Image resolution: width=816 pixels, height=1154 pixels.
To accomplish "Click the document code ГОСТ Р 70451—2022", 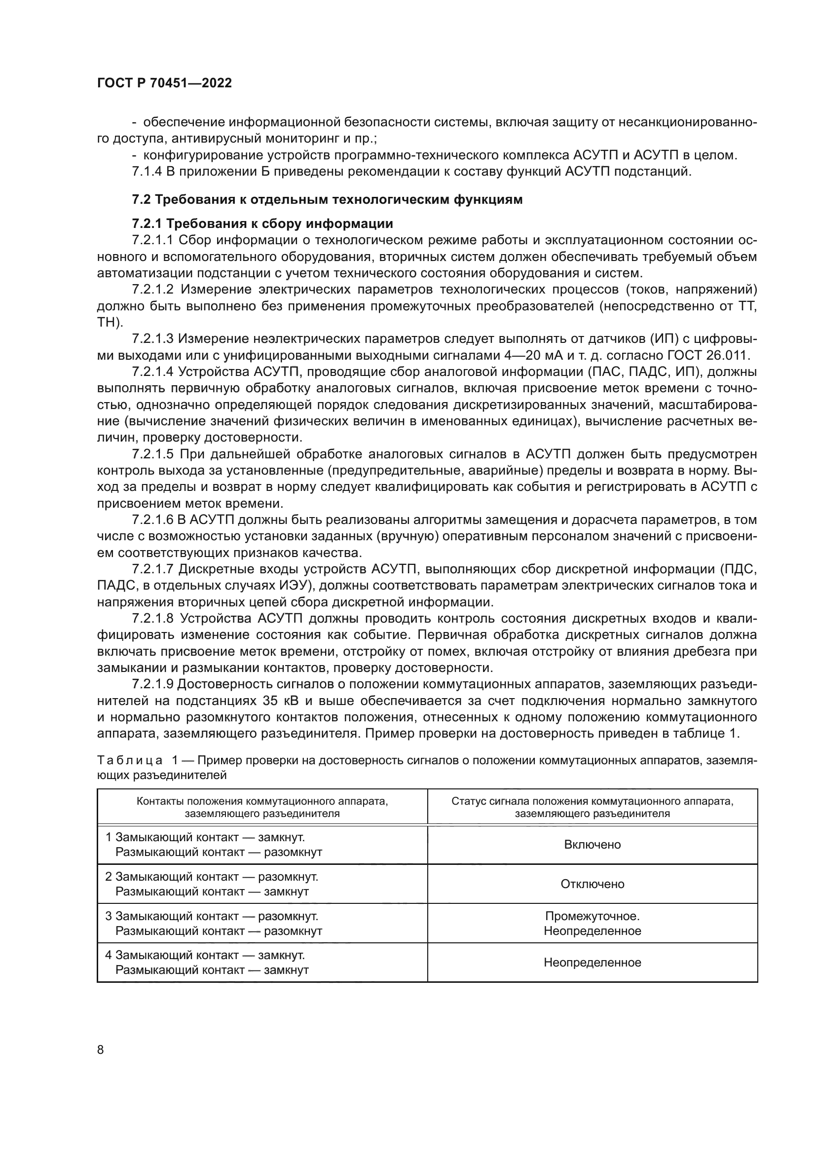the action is click(164, 83).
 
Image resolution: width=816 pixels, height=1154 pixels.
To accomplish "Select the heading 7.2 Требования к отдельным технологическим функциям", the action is click(327, 199).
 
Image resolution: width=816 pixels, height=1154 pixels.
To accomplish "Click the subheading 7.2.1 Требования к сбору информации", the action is click(262, 223).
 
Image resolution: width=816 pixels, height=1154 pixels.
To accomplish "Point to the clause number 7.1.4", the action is click(147, 171).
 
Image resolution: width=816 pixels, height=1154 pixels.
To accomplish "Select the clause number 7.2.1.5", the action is click(153, 454).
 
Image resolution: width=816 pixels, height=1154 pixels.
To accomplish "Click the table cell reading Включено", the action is click(592, 844).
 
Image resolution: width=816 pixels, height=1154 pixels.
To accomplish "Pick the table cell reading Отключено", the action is click(592, 884).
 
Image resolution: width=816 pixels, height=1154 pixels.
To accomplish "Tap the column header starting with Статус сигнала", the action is click(592, 807).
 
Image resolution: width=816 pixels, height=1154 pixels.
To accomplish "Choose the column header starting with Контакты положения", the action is click(262, 807).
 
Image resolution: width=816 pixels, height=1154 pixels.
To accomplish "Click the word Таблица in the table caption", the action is click(130, 760).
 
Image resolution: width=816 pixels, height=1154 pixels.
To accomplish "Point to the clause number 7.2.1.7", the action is click(153, 569).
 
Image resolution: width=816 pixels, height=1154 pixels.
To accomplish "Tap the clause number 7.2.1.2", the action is click(153, 290).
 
